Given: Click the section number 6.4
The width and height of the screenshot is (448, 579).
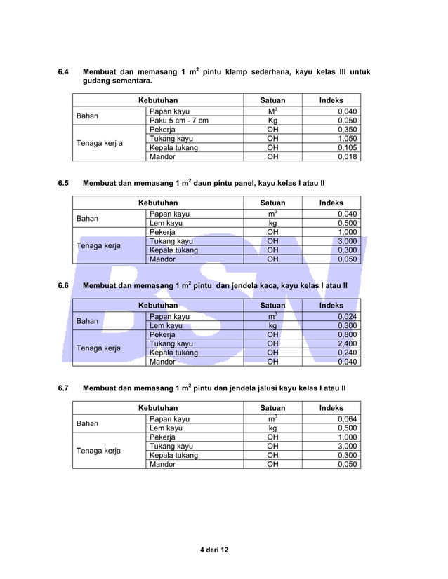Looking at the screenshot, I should (63, 72).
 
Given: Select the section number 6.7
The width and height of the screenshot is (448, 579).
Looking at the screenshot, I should (63, 388).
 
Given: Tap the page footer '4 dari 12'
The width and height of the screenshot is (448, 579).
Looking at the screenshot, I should (214, 550).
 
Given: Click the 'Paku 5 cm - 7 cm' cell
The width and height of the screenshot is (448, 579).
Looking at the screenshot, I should (179, 121).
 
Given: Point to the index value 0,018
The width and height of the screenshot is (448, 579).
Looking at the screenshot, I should (346, 157).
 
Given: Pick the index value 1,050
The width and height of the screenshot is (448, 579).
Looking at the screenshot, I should (346, 139).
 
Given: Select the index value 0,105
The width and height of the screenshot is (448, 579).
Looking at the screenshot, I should (346, 148).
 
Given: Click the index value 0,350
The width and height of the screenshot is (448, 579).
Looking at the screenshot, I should (346, 130).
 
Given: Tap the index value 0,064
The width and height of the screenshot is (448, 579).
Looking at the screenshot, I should (346, 419).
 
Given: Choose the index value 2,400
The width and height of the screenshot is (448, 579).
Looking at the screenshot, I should (346, 344).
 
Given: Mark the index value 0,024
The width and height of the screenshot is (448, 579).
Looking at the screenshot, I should (346, 317).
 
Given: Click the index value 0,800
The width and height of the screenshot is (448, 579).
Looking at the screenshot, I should (346, 335).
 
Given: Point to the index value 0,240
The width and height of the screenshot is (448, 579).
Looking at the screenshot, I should (346, 353).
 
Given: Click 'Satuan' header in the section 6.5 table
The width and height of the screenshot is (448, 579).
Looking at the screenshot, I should (272, 203).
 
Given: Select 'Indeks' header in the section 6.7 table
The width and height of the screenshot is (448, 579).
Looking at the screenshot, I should (331, 407).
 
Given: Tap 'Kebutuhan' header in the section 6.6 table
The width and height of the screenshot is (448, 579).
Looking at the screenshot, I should (158, 306).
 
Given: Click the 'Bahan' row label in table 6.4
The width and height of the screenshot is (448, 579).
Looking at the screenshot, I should (87, 116).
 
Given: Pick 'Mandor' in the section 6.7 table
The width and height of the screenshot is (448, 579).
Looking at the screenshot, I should (162, 464).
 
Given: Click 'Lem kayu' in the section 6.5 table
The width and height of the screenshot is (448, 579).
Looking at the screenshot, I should (166, 223).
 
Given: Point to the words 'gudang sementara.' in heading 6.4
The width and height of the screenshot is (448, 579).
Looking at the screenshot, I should (117, 82).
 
